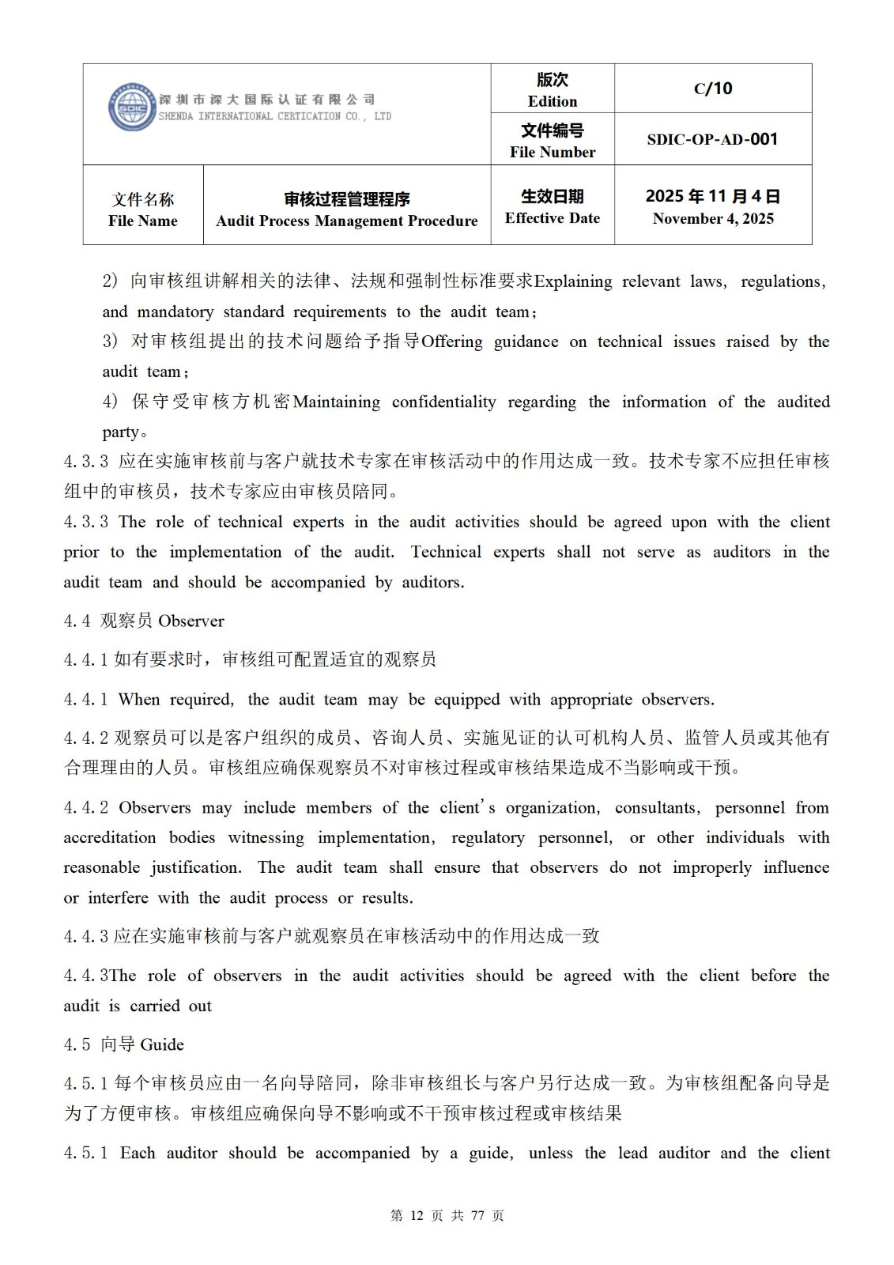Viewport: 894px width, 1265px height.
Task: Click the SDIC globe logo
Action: (x=132, y=108)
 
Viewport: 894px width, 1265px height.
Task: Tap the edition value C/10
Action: (x=713, y=89)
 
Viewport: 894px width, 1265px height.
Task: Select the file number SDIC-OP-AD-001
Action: (x=712, y=139)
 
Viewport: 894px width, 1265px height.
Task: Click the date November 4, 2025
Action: (x=713, y=219)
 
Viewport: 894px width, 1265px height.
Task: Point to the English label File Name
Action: (x=143, y=221)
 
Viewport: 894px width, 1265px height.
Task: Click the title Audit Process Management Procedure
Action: (x=347, y=221)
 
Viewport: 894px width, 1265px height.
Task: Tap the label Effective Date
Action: (x=553, y=218)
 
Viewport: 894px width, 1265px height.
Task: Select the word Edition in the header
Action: (x=553, y=101)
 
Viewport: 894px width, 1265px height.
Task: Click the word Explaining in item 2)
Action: (x=573, y=281)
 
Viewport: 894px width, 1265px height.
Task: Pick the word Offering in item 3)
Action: (x=451, y=342)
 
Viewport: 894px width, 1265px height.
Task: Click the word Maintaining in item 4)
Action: (x=336, y=402)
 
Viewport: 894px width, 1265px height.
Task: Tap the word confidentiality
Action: (x=443, y=402)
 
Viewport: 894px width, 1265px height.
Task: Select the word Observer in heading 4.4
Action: (x=191, y=621)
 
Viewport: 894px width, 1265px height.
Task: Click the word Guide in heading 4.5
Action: (x=162, y=1044)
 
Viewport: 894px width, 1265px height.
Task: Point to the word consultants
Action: (x=656, y=807)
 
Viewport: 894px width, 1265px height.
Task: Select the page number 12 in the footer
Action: (x=417, y=1216)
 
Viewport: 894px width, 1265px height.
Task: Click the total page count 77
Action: (x=477, y=1216)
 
